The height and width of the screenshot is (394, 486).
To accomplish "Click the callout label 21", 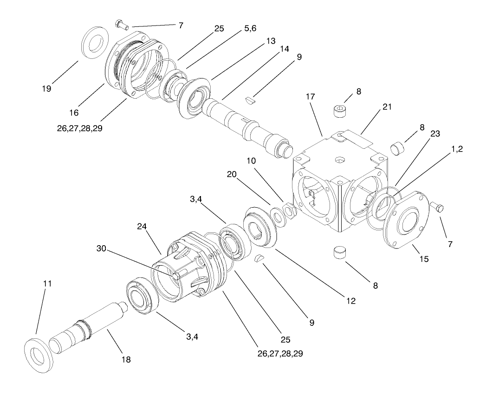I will coord(387,107).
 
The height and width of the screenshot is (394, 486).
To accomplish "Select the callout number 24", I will coord(142,227).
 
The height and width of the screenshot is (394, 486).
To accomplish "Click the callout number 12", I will coord(350,301).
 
